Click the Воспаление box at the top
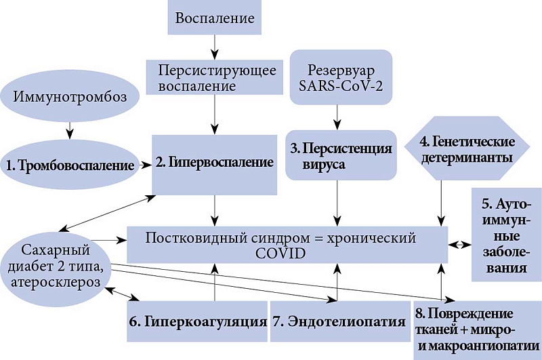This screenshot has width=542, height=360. point(215,18)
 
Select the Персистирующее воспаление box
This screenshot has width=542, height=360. point(215,77)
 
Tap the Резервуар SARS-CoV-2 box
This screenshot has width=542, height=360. point(339,78)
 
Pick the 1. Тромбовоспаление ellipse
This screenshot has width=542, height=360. point(69,164)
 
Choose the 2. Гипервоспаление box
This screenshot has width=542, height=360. point(215,163)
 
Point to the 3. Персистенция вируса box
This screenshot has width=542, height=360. point(339,155)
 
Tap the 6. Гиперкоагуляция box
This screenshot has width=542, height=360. point(197,320)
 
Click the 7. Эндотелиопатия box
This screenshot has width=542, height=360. point(339,320)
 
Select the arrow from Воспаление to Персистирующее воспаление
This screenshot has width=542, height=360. point(215,45)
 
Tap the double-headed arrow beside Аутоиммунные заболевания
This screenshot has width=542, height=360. point(461,243)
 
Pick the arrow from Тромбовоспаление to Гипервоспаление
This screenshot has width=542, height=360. point(143,164)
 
